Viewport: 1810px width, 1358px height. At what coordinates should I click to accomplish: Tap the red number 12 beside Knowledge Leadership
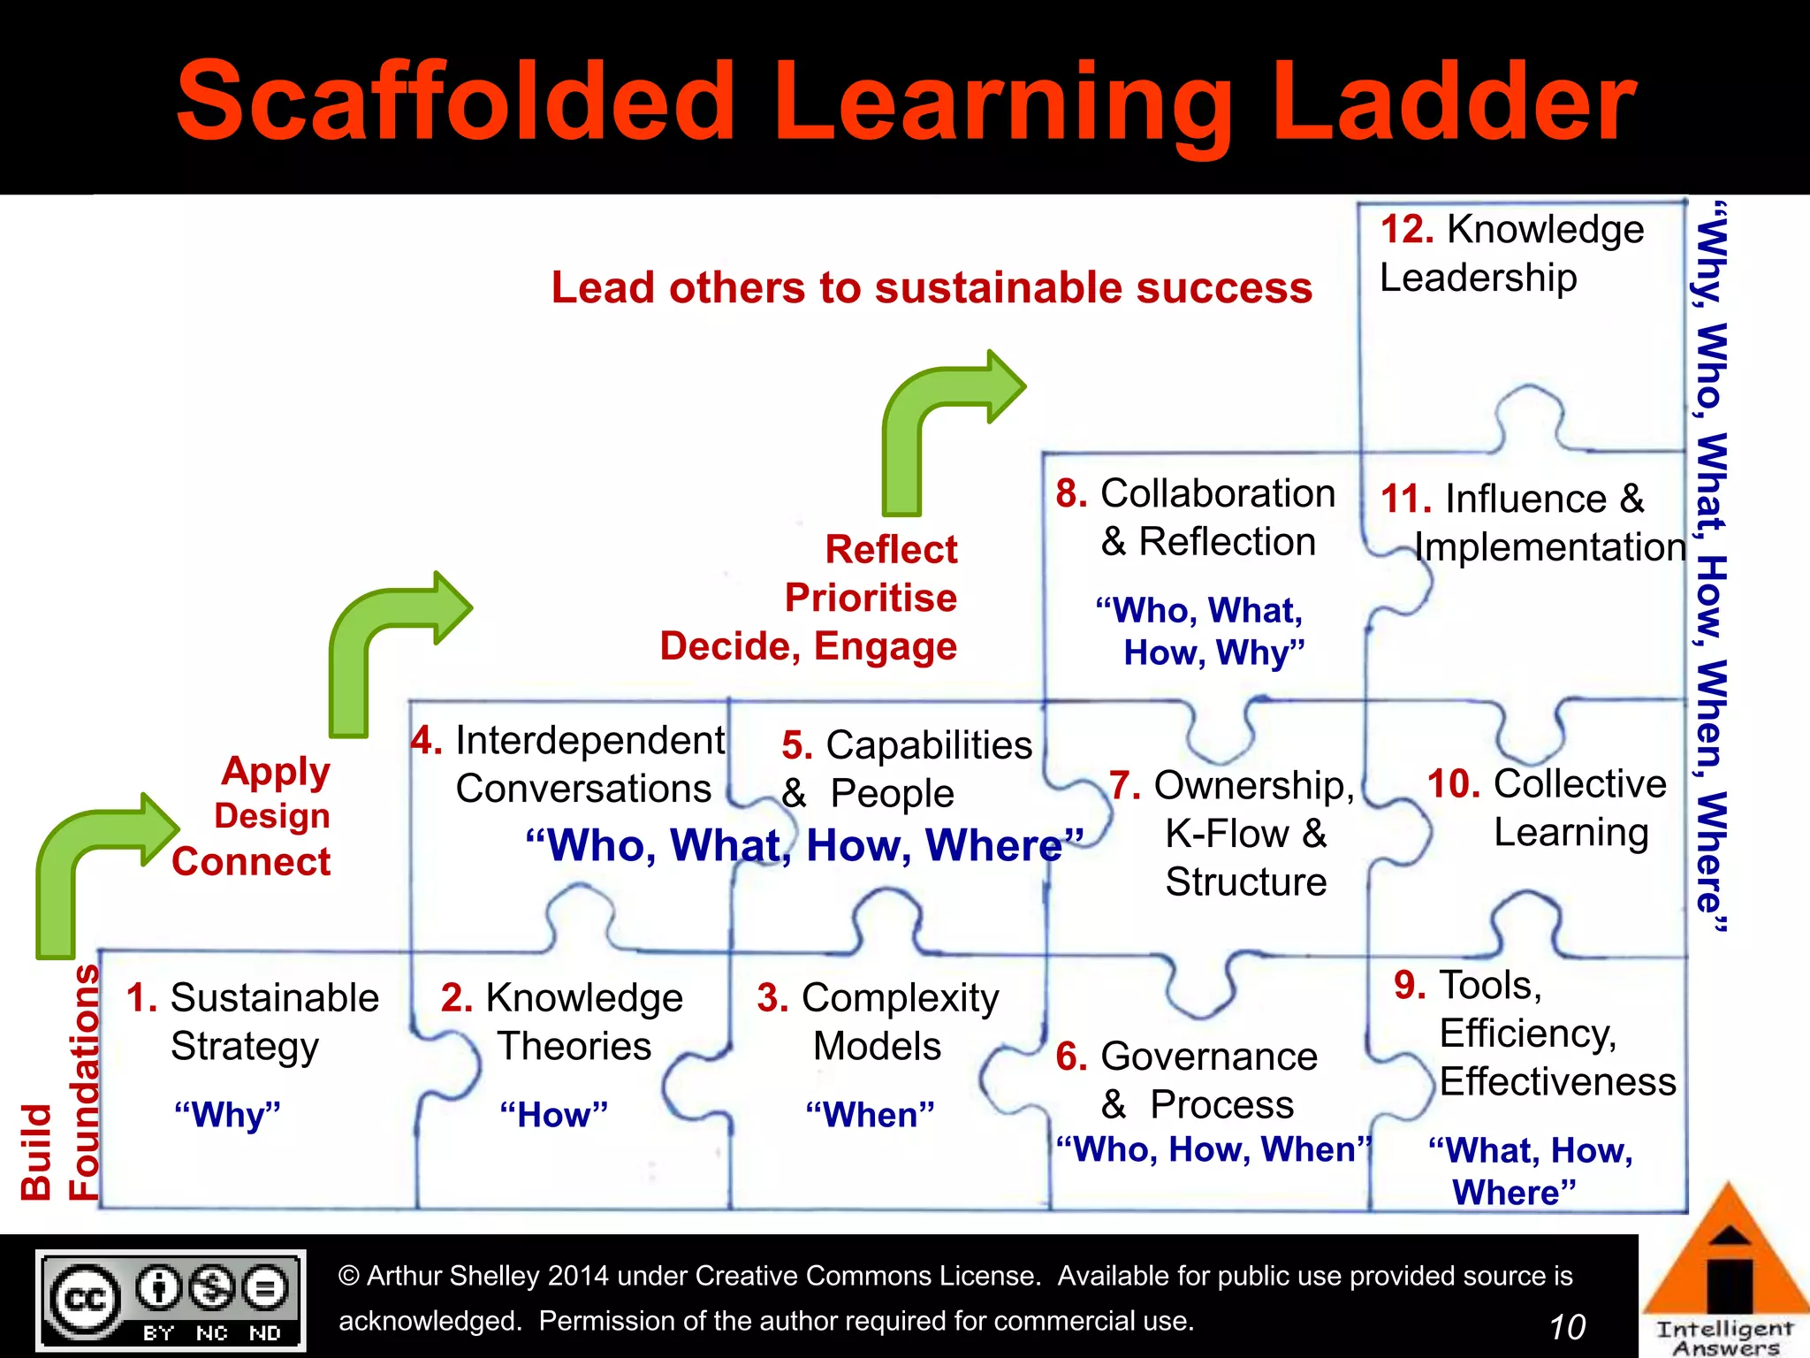(1407, 230)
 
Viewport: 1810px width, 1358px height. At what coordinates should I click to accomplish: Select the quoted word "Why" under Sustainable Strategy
(227, 1115)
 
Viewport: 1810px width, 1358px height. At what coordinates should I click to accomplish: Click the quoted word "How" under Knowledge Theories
(554, 1115)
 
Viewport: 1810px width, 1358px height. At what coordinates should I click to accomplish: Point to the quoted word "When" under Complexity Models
(870, 1115)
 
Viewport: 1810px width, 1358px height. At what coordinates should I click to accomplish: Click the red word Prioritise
(871, 599)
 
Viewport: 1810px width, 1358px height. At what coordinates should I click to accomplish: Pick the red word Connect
(251, 862)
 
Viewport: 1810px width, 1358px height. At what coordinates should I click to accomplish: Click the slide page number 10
(1567, 1327)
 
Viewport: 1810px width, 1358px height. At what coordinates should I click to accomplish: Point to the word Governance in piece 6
(1209, 1057)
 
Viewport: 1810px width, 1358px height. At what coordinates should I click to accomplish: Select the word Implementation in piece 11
(1550, 547)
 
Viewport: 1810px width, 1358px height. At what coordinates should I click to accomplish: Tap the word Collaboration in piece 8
(1217, 493)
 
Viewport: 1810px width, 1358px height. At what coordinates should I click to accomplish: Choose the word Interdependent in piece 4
(589, 741)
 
